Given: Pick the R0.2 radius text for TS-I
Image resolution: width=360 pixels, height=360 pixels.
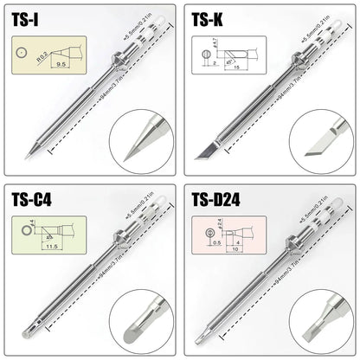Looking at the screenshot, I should (42, 58).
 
